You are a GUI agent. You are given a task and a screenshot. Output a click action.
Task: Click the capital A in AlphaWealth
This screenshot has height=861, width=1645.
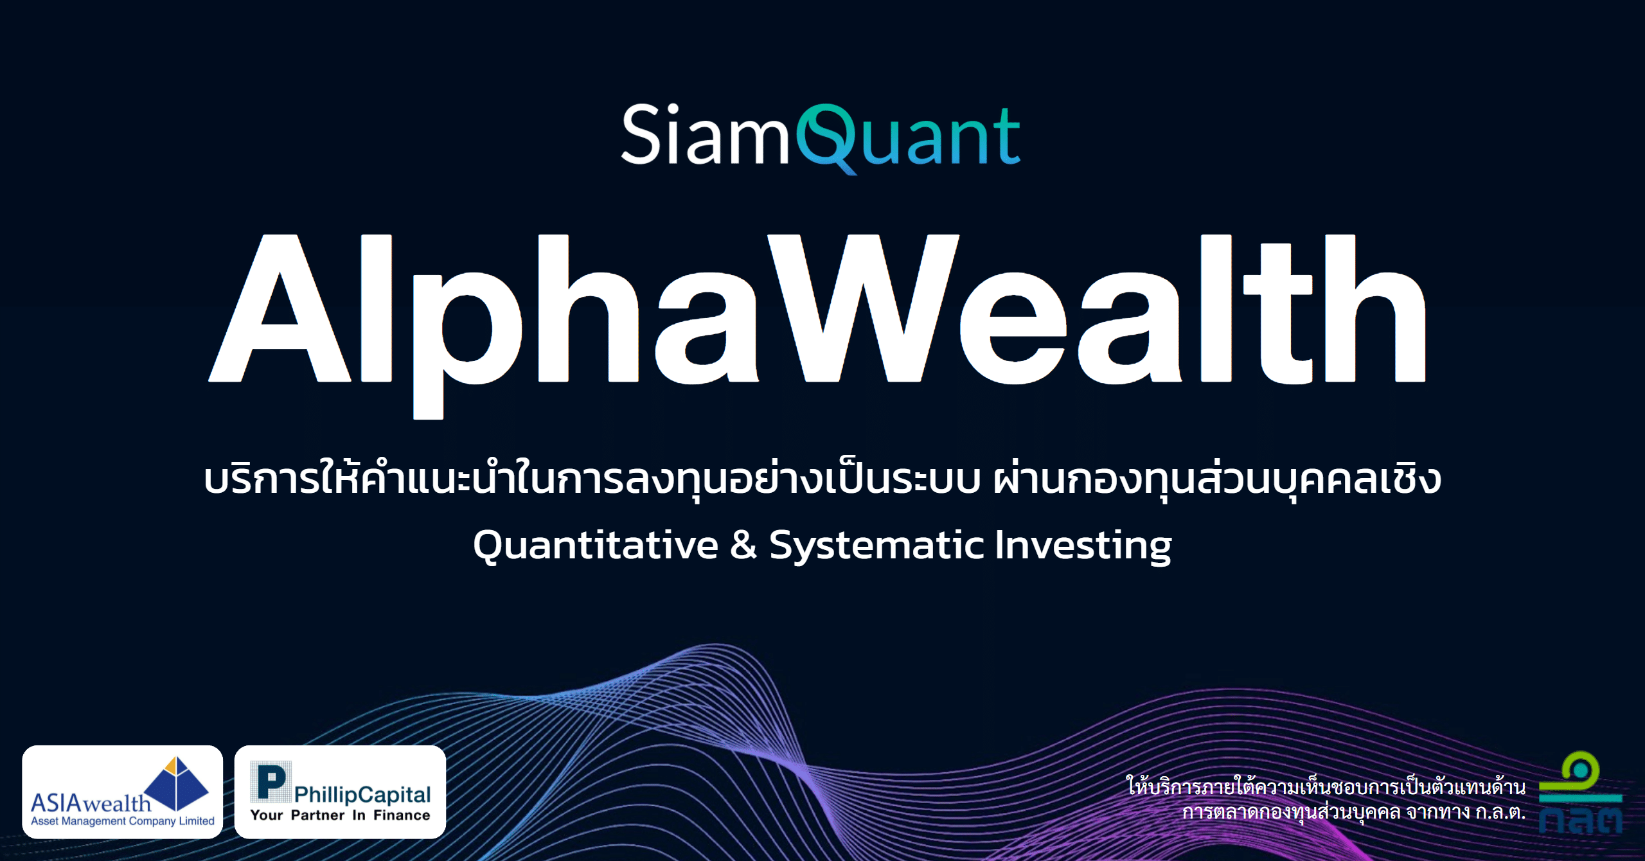(x=280, y=308)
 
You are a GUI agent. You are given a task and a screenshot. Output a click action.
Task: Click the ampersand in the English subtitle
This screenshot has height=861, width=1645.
(x=744, y=545)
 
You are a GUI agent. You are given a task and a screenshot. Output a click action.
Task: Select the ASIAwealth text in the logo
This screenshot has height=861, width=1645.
(x=91, y=803)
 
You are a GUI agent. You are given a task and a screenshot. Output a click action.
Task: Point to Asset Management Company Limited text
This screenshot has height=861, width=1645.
(x=123, y=821)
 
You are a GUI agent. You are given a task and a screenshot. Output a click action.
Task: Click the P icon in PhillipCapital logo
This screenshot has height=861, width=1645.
(x=271, y=781)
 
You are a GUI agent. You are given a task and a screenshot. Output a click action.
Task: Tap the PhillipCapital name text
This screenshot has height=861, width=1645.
(x=362, y=795)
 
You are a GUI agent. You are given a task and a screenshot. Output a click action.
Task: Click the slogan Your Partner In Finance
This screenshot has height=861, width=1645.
(x=340, y=815)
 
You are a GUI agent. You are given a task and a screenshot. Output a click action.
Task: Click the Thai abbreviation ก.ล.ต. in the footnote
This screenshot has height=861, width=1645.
(x=1500, y=812)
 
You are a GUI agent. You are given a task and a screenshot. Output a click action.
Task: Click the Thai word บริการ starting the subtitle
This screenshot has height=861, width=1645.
(x=261, y=479)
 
